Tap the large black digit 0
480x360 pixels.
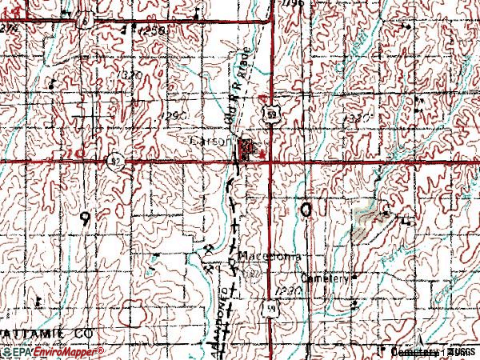306,210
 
